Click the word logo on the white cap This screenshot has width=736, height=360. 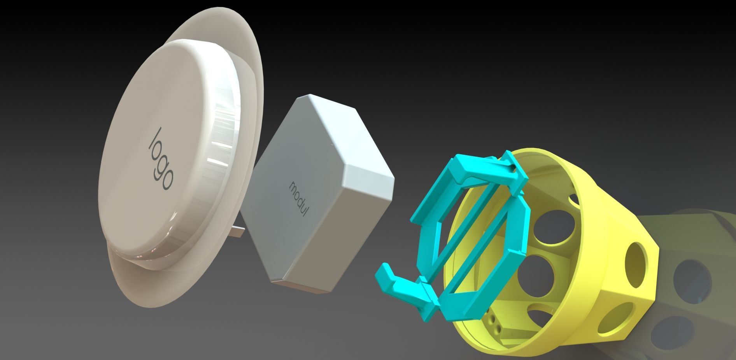pos(161,159)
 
